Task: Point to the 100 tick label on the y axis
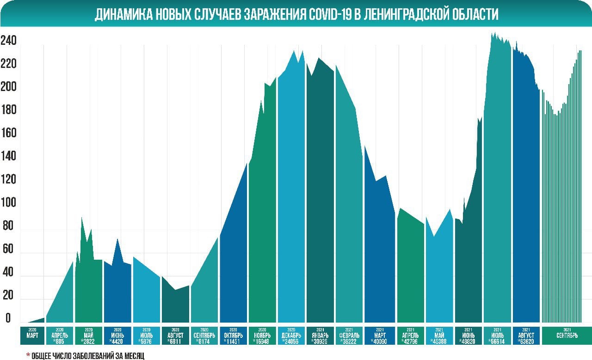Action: point(8,203)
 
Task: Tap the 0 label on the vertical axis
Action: point(8,318)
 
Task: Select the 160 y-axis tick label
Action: point(8,134)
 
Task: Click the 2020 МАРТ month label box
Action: point(32,336)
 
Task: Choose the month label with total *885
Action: point(60,336)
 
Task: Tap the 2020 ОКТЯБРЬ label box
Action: point(233,336)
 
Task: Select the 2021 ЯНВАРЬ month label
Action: point(320,336)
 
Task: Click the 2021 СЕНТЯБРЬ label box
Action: point(566,336)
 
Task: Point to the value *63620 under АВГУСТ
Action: point(526,341)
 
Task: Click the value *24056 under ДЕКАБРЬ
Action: point(291,341)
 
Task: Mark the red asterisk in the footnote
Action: point(28,355)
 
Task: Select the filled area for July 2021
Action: point(497,185)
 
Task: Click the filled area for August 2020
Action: point(175,305)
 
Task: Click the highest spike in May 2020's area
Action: point(82,218)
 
